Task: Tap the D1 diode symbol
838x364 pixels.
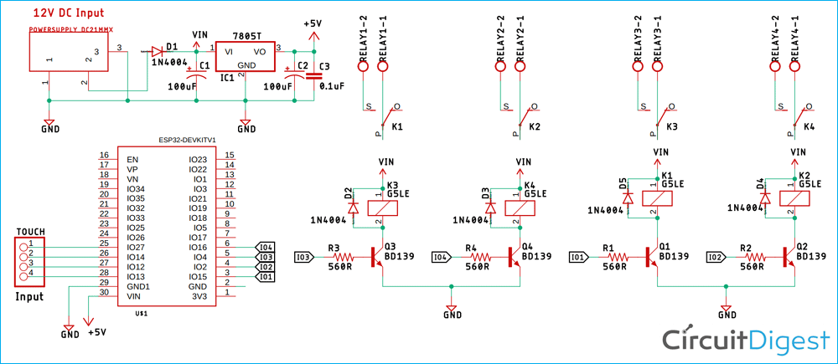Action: click(157, 50)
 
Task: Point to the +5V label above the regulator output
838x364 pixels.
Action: click(313, 24)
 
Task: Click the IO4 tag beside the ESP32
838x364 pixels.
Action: click(266, 247)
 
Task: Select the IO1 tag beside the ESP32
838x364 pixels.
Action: click(266, 276)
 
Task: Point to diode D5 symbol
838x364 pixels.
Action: click(628, 197)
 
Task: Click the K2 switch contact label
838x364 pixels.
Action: click(535, 127)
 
